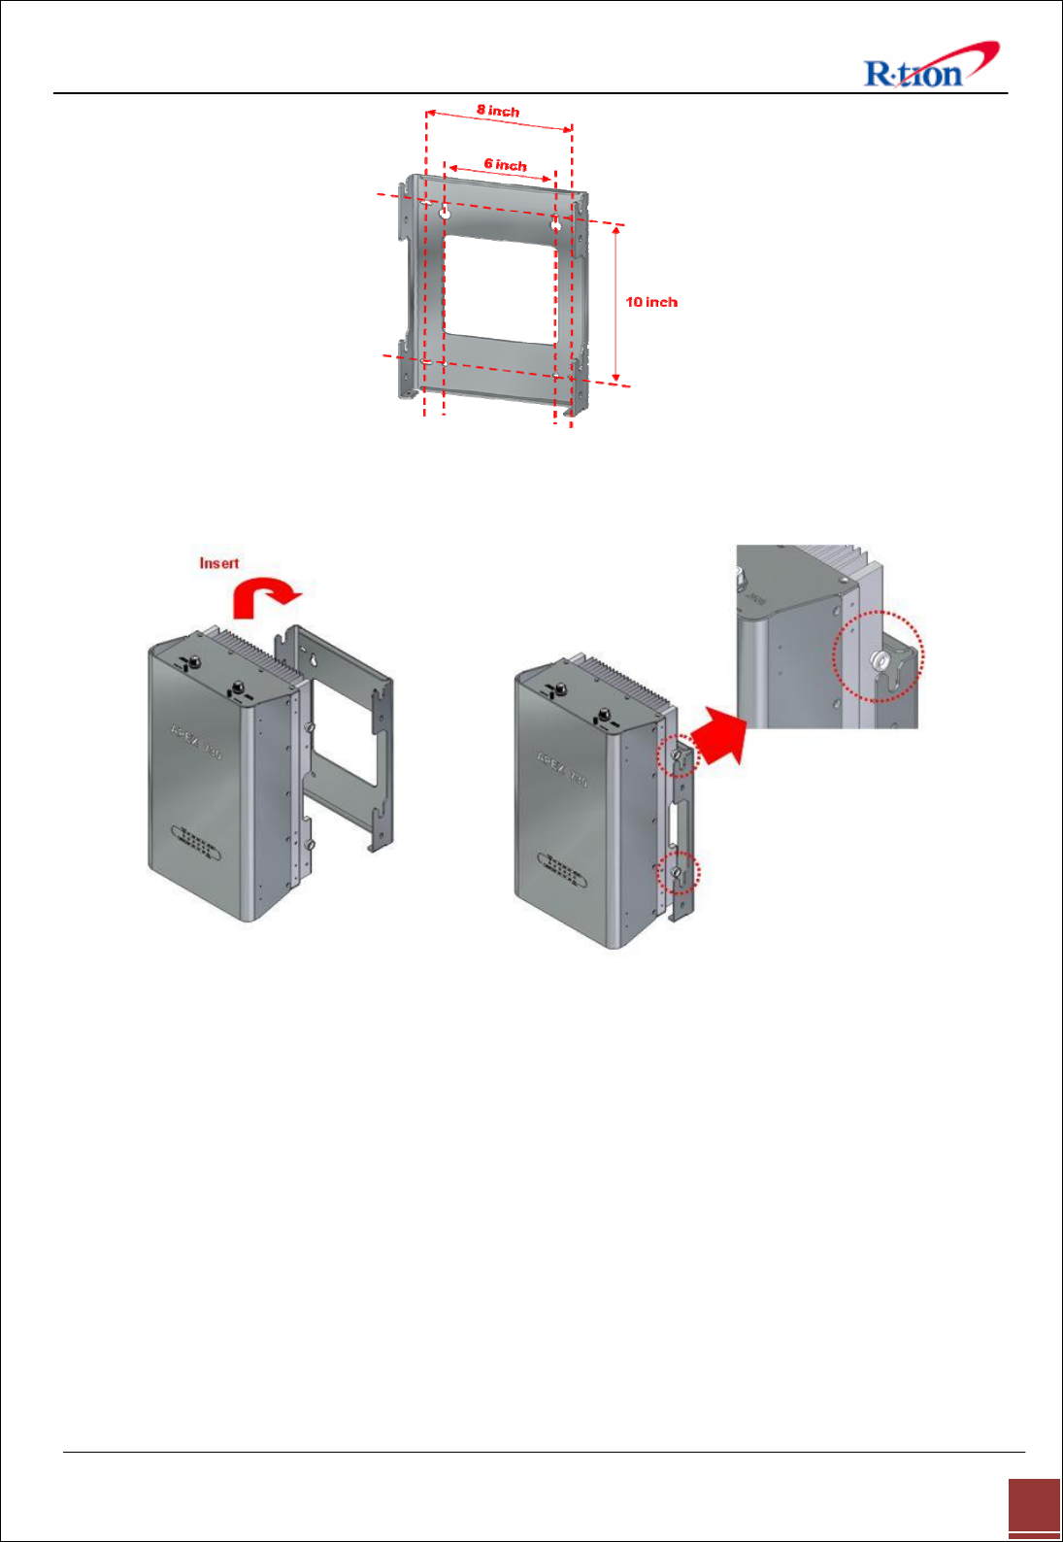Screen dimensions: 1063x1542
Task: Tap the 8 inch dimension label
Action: [x=498, y=110]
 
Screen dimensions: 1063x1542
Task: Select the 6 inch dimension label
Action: [x=505, y=164]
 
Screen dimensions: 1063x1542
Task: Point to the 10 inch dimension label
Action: [x=651, y=302]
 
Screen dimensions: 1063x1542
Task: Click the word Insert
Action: [x=218, y=563]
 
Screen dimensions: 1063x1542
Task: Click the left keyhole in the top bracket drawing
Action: [x=446, y=214]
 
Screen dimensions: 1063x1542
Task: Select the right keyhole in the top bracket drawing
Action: [x=555, y=223]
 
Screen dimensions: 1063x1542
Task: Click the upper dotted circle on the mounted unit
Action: [x=678, y=755]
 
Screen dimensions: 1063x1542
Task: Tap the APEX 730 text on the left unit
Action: [x=196, y=740]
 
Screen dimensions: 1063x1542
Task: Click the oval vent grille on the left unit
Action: [x=195, y=842]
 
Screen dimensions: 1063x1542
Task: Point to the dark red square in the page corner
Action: [x=1034, y=1508]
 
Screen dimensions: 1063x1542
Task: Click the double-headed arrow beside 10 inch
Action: [x=615, y=304]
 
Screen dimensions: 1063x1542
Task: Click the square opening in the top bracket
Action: [x=499, y=289]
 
